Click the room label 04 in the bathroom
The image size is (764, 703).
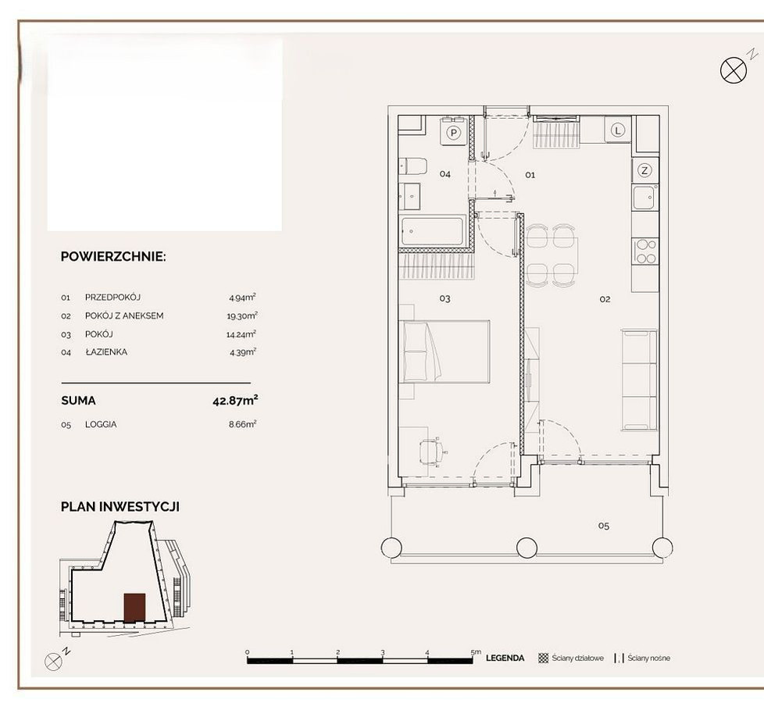pyautogui.click(x=444, y=174)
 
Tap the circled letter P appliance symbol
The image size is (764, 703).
pyautogui.click(x=454, y=132)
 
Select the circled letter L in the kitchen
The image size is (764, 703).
pyautogui.click(x=618, y=130)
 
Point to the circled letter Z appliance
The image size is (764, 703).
pyautogui.click(x=644, y=170)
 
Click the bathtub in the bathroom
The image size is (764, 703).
pyautogui.click(x=432, y=232)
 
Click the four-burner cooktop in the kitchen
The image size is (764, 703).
pyautogui.click(x=645, y=252)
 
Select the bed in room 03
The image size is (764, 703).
pyautogui.click(x=444, y=351)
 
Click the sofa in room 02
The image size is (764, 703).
pyautogui.click(x=639, y=380)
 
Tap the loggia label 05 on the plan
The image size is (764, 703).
pyautogui.click(x=604, y=526)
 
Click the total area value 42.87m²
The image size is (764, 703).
pyautogui.click(x=235, y=401)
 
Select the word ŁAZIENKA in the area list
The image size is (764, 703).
pyautogui.click(x=106, y=351)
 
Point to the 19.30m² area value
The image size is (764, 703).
pyautogui.click(x=242, y=316)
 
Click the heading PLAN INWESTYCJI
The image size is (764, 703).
pyautogui.click(x=120, y=507)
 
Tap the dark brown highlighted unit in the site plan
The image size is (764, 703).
pyautogui.click(x=134, y=608)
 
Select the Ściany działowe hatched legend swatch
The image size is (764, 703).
pyautogui.click(x=543, y=658)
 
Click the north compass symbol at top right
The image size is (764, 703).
pyautogui.click(x=734, y=70)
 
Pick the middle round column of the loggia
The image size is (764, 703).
pyautogui.click(x=527, y=547)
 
